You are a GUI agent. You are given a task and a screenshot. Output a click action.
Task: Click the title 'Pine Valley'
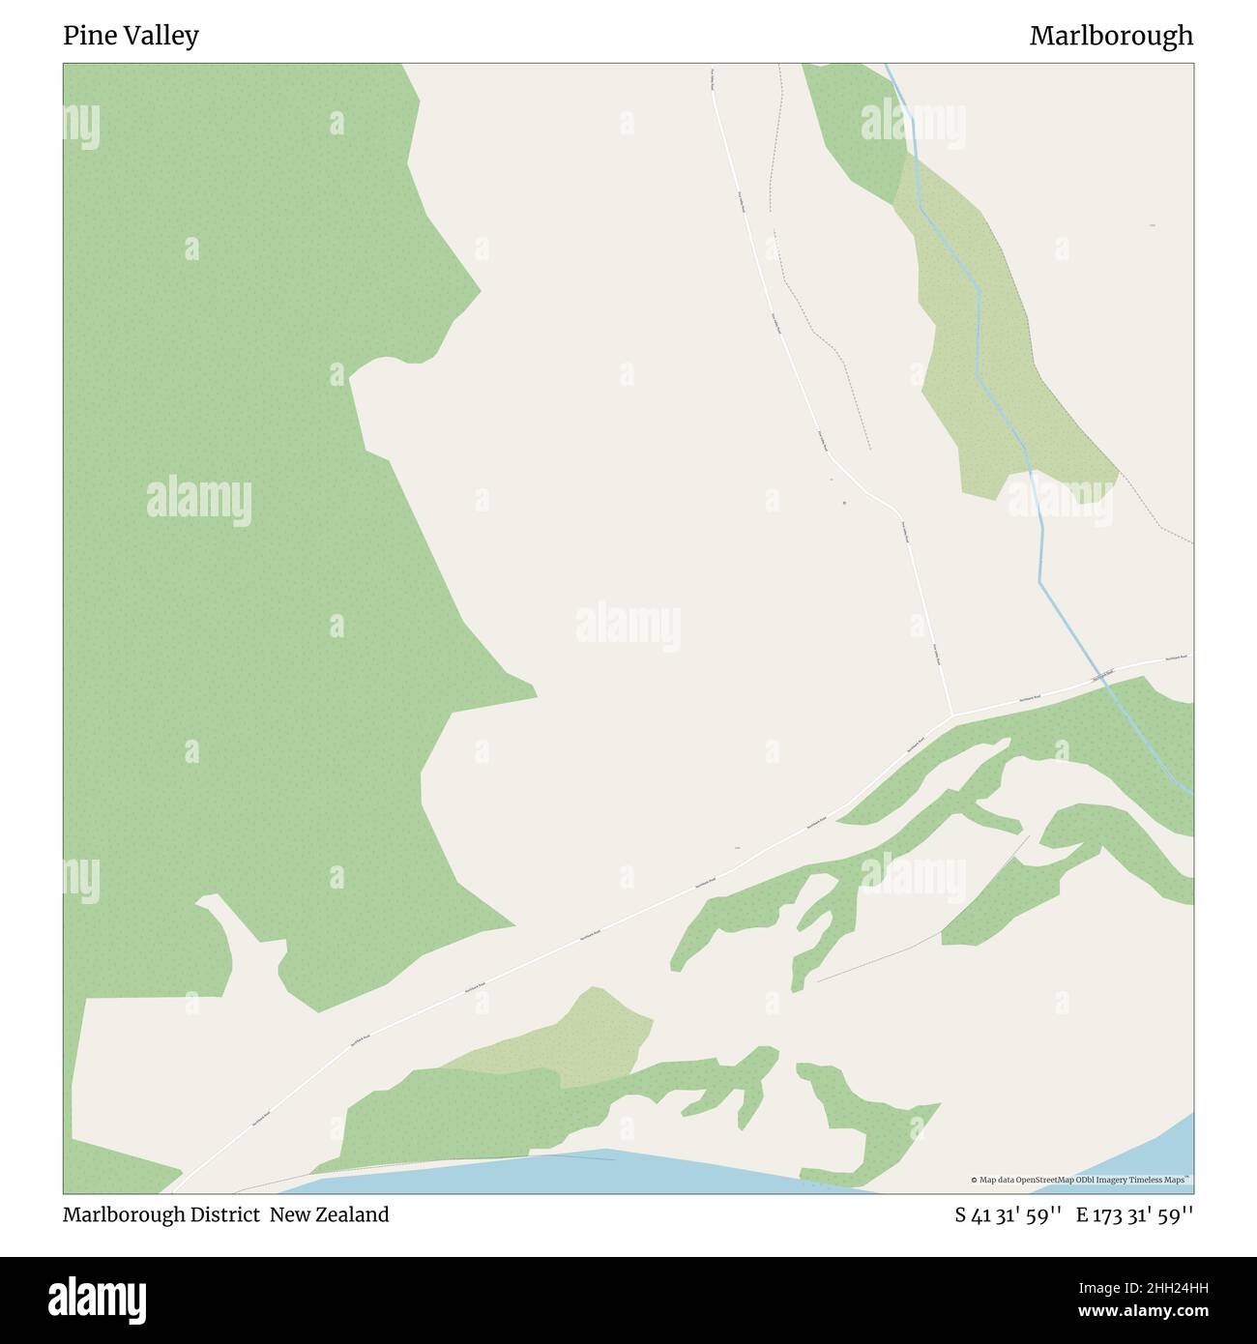pyautogui.click(x=131, y=36)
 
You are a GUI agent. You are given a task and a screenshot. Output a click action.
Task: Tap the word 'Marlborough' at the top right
pyautogui.click(x=1110, y=36)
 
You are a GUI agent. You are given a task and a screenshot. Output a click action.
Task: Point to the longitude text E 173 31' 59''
pyautogui.click(x=1136, y=1214)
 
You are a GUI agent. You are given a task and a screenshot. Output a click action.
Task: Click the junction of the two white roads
pyautogui.click(x=953, y=716)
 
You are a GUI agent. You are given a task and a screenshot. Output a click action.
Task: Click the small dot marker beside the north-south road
pyautogui.click(x=843, y=503)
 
